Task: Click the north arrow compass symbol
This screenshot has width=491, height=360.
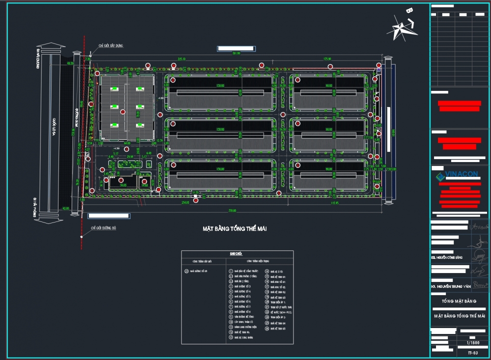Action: click(403, 27)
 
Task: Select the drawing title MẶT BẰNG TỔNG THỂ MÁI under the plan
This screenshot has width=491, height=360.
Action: click(234, 228)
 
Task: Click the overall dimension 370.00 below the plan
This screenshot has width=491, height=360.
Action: click(232, 210)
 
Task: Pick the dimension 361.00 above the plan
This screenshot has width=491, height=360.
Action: click(236, 54)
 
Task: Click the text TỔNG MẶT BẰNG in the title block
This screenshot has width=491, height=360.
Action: click(459, 301)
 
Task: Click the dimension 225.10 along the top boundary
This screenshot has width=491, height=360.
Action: click(181, 59)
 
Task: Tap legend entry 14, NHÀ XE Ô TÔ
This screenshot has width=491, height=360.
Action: click(277, 271)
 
